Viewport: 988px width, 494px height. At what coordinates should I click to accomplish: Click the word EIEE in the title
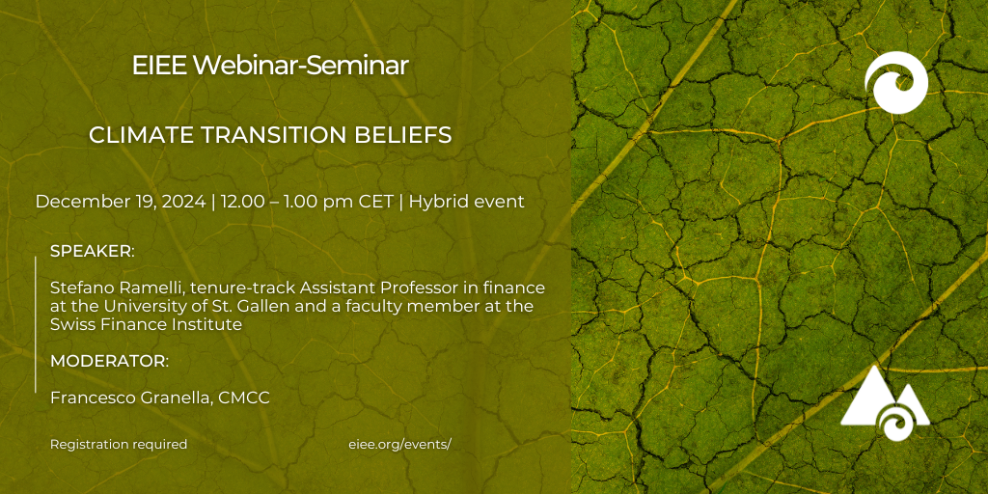pos(159,66)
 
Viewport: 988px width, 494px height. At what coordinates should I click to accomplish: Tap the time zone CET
pos(377,202)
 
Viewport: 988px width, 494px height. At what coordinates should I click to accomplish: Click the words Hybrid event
pos(467,203)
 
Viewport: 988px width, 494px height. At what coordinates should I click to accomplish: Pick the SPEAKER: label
pos(93,251)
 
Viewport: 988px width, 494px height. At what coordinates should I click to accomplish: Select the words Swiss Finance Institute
pos(147,325)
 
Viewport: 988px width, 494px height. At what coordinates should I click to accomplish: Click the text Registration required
pos(119,444)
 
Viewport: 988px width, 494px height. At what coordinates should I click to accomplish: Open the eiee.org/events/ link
pos(400,444)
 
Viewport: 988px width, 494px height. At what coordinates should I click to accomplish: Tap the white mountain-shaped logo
pos(886,404)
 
